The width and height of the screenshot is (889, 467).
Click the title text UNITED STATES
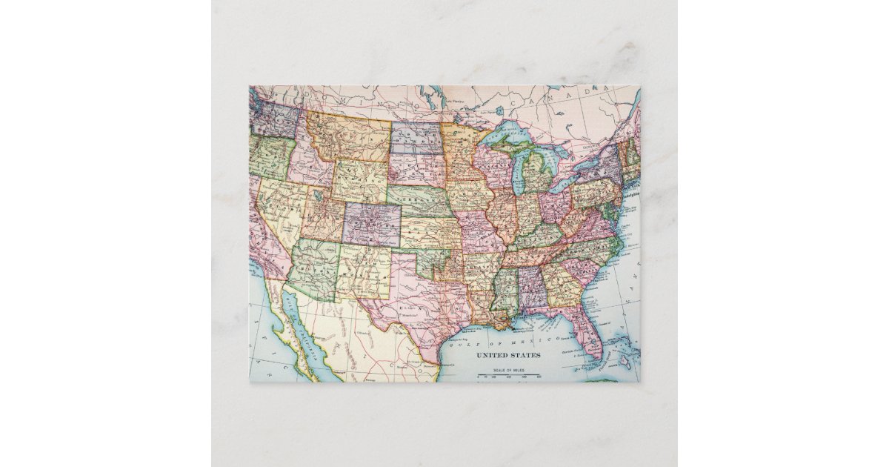[507, 355]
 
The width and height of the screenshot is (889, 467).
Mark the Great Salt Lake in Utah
[317, 195]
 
